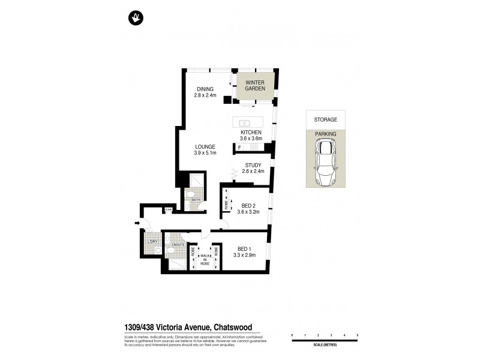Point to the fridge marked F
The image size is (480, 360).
(x=240, y=147)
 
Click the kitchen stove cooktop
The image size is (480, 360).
(x=254, y=147)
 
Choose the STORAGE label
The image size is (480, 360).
(x=326, y=119)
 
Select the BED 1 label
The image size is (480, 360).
(x=244, y=249)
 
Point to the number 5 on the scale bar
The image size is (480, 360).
(x=358, y=334)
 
